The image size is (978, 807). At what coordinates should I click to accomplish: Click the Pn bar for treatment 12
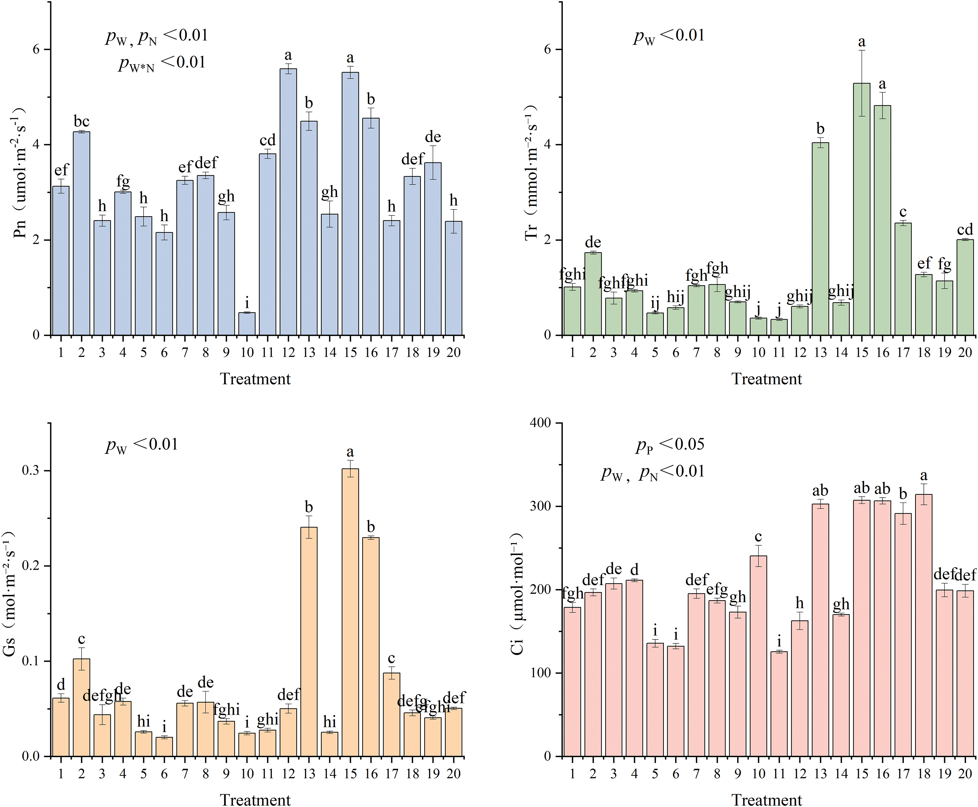tap(288, 202)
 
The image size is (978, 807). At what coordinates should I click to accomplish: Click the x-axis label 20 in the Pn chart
tap(453, 353)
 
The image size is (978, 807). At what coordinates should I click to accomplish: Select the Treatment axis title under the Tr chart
tap(767, 379)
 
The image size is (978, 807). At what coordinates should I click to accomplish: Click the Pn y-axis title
tap(19, 172)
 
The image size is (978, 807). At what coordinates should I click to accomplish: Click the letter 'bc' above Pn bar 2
tap(81, 122)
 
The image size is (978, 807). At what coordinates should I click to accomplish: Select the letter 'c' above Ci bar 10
tap(758, 537)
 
